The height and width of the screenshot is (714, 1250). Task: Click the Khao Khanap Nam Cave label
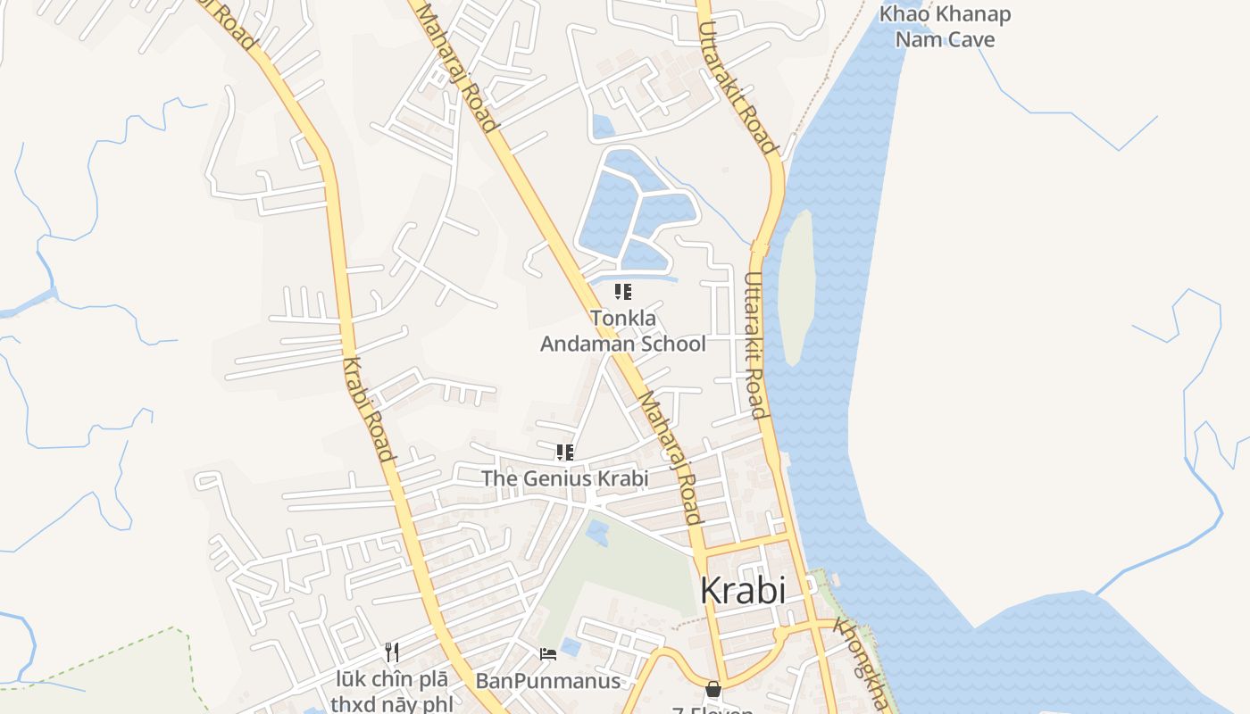945,27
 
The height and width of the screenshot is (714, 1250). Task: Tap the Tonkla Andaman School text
623,331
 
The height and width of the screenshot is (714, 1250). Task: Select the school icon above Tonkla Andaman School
623,291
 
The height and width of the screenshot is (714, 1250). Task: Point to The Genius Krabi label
564,478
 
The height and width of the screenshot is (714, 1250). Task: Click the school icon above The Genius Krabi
564,452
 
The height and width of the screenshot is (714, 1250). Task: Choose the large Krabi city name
743,591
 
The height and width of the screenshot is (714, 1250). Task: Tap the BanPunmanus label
547,681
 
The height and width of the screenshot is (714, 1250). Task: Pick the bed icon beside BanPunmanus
548,654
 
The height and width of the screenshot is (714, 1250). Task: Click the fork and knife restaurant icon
391,652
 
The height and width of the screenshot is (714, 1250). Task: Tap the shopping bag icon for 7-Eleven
712,689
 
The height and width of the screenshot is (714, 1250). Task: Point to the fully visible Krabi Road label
369,409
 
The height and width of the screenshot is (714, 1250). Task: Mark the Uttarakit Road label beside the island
754,344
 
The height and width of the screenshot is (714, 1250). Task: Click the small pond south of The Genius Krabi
596,533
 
